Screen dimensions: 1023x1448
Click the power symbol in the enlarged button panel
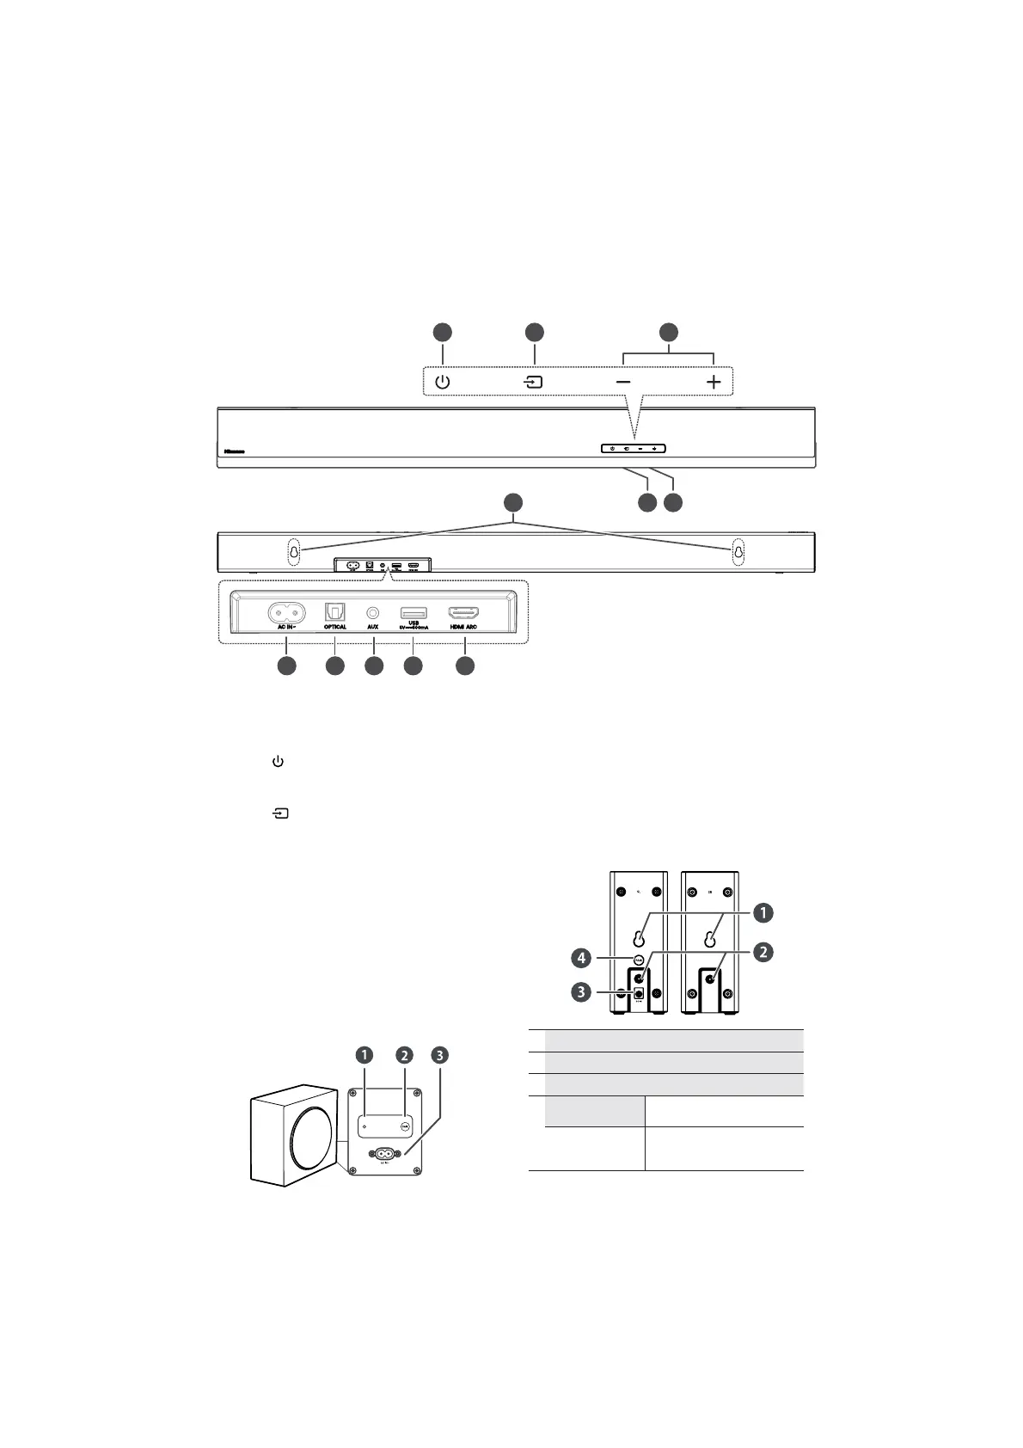click(442, 382)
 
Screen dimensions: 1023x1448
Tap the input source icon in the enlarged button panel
click(535, 382)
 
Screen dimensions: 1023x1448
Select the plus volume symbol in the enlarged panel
click(714, 382)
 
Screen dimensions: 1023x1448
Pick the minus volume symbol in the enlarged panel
click(623, 382)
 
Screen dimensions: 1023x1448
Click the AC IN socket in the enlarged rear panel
click(287, 612)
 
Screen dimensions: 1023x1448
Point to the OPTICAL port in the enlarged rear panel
click(334, 612)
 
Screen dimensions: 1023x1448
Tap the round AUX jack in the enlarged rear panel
click(373, 612)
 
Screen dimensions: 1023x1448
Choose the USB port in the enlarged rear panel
click(413, 612)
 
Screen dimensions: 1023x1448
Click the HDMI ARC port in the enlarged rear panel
click(464, 613)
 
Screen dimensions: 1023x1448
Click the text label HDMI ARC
click(463, 628)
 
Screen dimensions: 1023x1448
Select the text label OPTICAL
click(335, 628)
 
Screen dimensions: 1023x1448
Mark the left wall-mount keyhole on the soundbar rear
click(293, 552)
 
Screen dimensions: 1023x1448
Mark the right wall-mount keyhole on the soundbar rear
click(738, 552)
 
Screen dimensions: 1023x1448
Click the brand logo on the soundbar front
click(234, 449)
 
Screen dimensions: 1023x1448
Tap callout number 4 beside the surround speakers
click(583, 956)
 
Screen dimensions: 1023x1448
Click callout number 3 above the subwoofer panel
click(440, 1055)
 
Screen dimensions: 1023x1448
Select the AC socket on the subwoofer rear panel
click(383, 1155)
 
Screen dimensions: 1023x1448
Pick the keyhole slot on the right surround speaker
click(710, 939)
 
